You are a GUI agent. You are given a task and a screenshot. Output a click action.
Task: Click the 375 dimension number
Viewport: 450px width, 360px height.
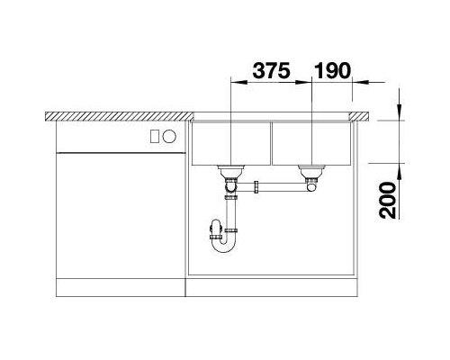click(x=272, y=70)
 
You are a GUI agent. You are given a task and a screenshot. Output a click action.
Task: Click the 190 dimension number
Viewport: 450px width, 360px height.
click(x=332, y=70)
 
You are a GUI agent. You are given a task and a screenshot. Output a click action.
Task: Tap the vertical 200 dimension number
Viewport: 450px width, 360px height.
click(x=388, y=200)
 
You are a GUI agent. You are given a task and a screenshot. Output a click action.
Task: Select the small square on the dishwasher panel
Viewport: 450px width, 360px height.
click(x=155, y=137)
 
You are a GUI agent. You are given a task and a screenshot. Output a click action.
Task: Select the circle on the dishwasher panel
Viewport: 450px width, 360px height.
click(x=169, y=137)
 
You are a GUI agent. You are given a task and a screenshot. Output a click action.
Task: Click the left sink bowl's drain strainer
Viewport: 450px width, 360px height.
click(x=231, y=171)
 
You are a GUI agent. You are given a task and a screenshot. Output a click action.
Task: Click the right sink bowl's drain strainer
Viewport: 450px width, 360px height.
click(x=311, y=171)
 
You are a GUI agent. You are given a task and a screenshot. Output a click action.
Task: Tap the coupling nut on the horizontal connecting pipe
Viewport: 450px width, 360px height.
click(x=256, y=187)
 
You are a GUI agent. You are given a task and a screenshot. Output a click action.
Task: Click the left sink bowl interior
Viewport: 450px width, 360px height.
click(x=231, y=143)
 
